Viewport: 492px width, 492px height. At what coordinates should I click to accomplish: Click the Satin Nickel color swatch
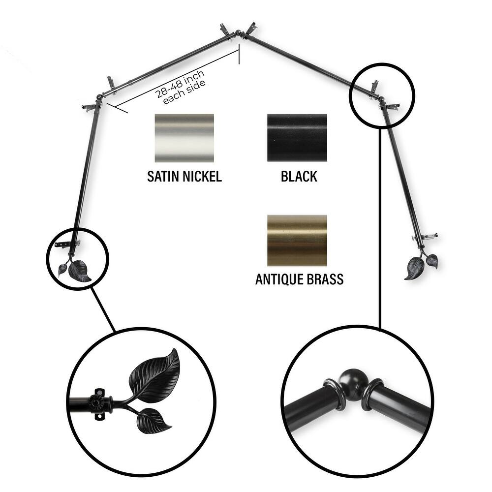pos(184,138)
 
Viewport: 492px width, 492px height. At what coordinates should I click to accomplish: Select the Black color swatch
pos(297,138)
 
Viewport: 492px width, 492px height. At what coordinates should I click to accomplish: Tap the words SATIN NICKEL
pos(184,177)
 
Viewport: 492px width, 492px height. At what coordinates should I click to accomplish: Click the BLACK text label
pos(299,177)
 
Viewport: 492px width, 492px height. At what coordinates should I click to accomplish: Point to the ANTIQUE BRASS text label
pos(299,279)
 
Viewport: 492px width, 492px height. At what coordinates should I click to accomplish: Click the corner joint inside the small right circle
pos(381,101)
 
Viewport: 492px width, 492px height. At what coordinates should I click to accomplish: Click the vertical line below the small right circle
pos(380,226)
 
